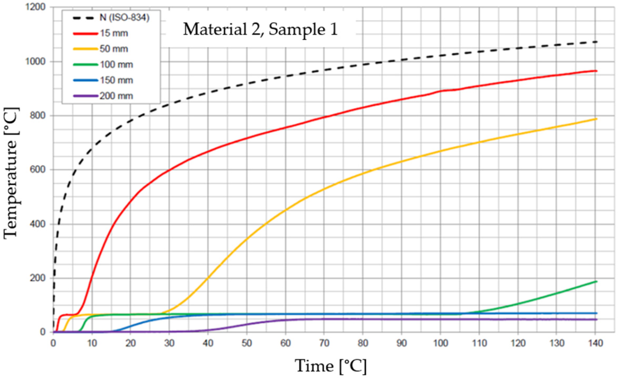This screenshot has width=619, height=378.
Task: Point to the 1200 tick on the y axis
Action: (x=35, y=7)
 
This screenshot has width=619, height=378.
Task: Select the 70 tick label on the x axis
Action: (x=324, y=343)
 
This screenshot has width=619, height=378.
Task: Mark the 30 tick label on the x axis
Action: (x=169, y=343)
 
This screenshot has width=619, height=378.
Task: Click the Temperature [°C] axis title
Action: (x=11, y=173)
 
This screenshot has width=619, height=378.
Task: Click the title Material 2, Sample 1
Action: (x=260, y=29)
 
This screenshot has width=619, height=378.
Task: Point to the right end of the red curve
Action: (x=596, y=71)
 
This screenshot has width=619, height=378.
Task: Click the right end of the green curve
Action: (x=596, y=282)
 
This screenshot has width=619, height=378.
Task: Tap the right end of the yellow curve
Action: (x=596, y=119)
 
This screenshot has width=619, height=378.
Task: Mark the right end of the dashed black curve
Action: (x=596, y=42)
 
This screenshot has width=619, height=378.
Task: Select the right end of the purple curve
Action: (x=596, y=320)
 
